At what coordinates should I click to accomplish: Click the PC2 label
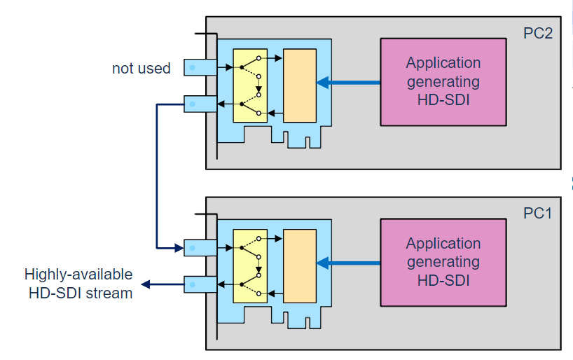[x=538, y=33]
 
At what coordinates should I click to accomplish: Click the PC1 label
[x=538, y=213]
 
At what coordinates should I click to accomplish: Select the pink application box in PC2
[x=443, y=82]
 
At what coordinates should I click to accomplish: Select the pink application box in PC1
[x=443, y=263]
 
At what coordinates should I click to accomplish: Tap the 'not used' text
[x=141, y=69]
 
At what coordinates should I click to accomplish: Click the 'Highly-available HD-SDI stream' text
[x=78, y=284]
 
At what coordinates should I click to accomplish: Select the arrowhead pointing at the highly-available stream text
[x=145, y=284]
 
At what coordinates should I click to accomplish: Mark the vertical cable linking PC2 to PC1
[x=156, y=175]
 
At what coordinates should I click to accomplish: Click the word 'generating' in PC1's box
[x=443, y=263]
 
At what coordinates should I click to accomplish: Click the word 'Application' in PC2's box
[x=443, y=64]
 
